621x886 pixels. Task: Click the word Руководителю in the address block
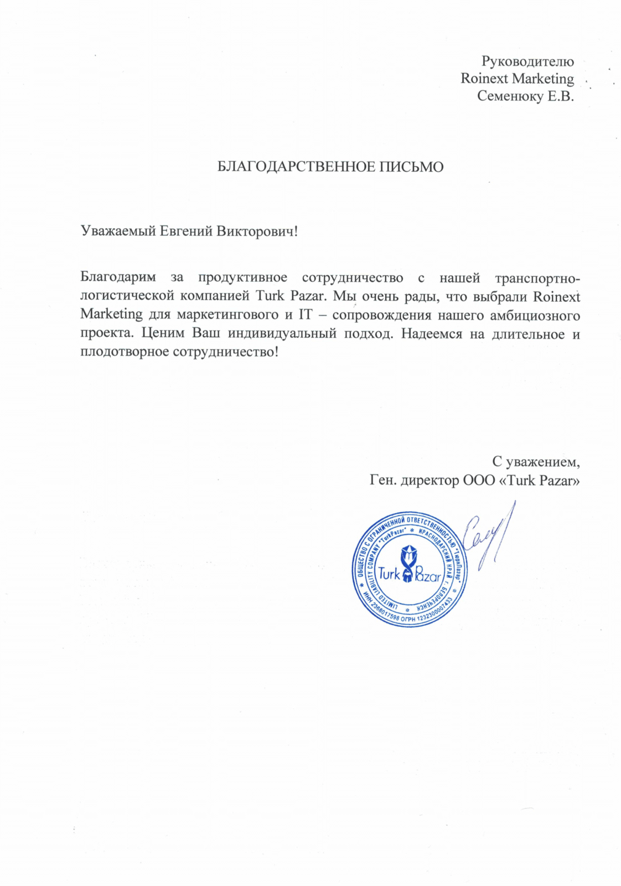(x=527, y=61)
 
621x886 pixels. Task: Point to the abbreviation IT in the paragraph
(x=305, y=315)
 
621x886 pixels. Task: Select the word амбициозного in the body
(x=537, y=315)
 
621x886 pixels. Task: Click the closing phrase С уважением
(x=536, y=461)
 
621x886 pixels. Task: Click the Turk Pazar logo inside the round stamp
(x=410, y=570)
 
